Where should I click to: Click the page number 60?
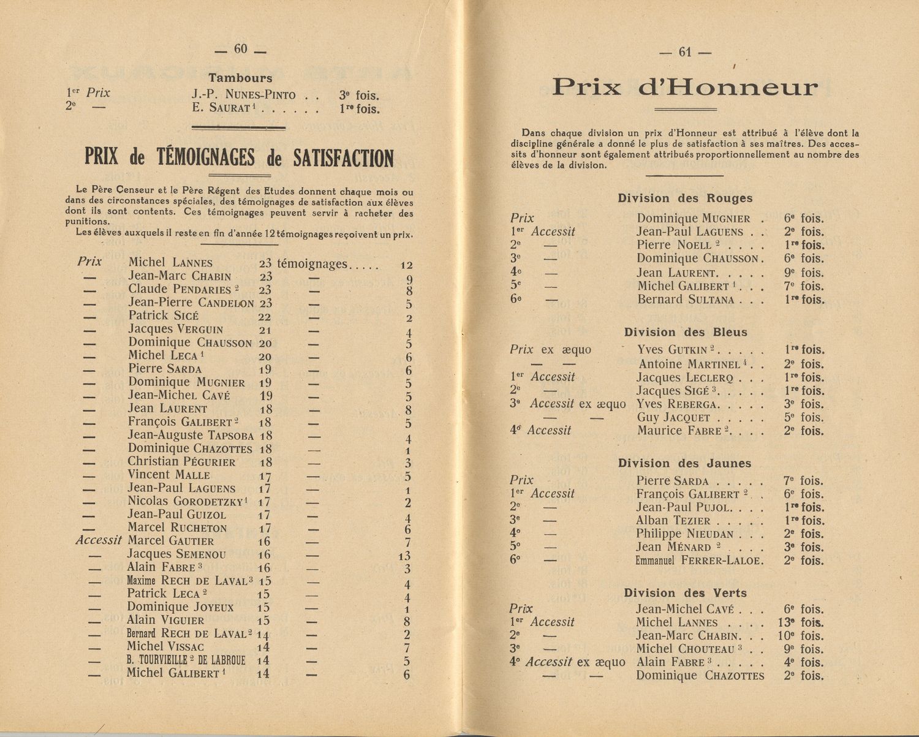coord(240,50)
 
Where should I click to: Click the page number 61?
coord(684,53)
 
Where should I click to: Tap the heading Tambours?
coord(240,78)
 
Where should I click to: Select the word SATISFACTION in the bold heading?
coord(343,159)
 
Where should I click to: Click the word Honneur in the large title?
coord(728,88)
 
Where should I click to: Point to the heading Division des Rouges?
coord(685,198)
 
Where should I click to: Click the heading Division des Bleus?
coord(686,332)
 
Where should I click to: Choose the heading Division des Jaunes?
coord(684,463)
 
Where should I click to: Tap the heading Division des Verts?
coord(685,593)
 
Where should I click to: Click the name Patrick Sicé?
coord(164,316)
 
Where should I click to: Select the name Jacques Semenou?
coord(176,554)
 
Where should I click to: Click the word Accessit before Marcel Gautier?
coord(99,540)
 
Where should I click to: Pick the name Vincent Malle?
coord(168,475)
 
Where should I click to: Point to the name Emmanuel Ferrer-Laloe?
coord(699,561)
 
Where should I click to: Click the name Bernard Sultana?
coord(686,300)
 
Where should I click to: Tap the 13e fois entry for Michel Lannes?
coord(801,622)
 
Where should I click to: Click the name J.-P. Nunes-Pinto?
coord(243,95)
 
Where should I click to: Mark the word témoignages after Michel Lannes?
coord(312,264)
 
